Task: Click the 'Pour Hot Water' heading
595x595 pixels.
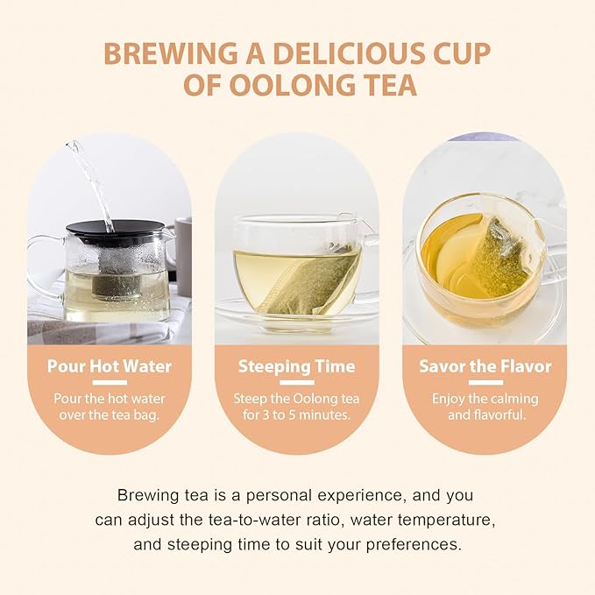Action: tap(109, 365)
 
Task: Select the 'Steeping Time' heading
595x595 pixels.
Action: tap(296, 365)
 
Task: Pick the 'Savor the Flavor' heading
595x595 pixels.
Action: tap(485, 365)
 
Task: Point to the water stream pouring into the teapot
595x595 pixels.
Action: tap(93, 180)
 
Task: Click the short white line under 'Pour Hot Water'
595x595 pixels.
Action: tap(109, 383)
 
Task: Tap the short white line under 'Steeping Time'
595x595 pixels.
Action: tap(296, 383)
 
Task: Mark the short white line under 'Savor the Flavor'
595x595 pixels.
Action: tap(485, 383)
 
